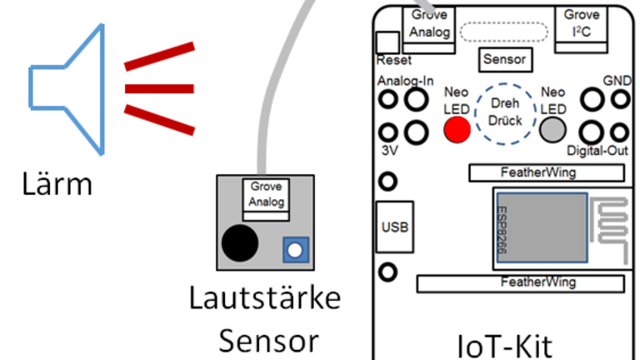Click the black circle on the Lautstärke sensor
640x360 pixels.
240,242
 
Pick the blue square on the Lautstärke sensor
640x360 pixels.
292,248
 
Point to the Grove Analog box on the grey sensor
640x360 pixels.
267,197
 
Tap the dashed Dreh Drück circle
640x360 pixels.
505,114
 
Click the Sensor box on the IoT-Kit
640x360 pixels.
504,59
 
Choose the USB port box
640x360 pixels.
393,225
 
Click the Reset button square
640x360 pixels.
388,42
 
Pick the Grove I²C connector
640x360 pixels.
581,24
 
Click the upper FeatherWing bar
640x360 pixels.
546,172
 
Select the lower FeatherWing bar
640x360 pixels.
521,282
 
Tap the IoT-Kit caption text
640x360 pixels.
506,343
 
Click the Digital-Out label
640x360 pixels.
597,152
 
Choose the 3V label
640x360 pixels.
388,152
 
